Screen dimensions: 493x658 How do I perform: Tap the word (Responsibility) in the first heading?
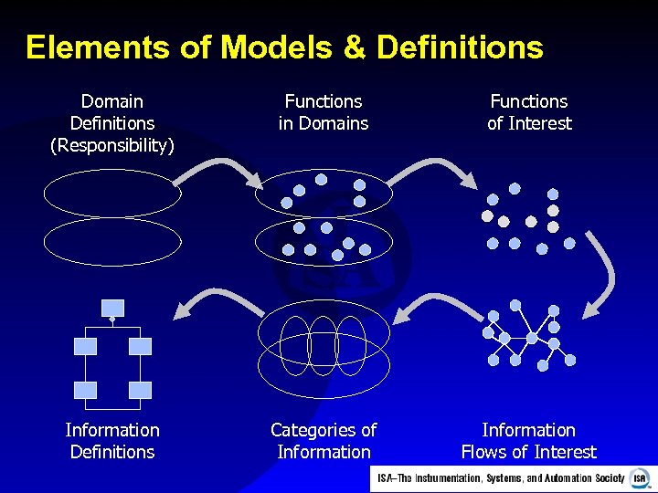(112, 145)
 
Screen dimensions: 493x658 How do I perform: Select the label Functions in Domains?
(324, 112)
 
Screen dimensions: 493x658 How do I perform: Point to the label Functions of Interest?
(529, 112)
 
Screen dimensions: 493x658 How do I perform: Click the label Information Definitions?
(112, 441)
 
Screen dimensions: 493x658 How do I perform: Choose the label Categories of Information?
(324, 441)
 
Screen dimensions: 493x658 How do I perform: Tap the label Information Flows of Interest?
(529, 441)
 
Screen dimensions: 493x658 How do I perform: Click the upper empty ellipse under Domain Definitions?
(112, 194)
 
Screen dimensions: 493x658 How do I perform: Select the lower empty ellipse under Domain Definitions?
(112, 241)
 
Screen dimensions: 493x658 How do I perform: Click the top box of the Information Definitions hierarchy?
(112, 307)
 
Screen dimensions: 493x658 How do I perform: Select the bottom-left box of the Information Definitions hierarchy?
(85, 390)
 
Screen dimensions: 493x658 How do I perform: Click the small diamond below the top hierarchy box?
(112, 320)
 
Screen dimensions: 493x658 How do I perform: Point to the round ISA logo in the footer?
(639, 478)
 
